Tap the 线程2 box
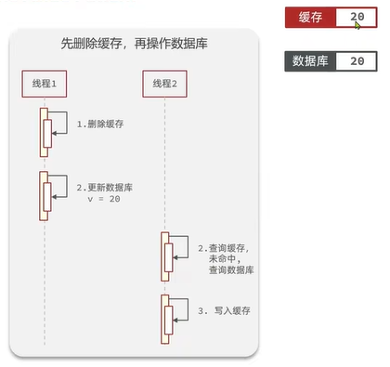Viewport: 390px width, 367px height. [167, 84]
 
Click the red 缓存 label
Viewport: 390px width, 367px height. [310, 18]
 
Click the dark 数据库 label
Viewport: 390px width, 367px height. [310, 60]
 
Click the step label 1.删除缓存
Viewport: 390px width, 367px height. [102, 123]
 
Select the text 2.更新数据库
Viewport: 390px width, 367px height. [104, 187]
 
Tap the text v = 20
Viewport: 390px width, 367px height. [104, 200]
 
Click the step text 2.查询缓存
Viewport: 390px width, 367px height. [225, 248]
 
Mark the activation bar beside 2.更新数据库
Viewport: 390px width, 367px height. [44, 195]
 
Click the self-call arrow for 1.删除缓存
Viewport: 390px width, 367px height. [58, 125]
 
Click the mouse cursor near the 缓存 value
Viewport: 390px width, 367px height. [357, 25]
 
